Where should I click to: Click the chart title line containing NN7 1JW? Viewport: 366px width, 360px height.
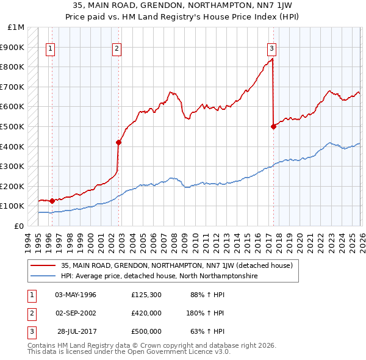pyautogui.click(x=182, y=5)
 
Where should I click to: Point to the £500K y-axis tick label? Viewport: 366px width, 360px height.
pyautogui.click(x=13, y=127)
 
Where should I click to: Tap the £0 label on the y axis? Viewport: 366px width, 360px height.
pyautogui.click(x=20, y=226)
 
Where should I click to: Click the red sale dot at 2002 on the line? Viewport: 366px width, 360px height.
pyautogui.click(x=119, y=143)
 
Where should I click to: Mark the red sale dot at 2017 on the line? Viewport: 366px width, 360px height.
pyautogui.click(x=273, y=126)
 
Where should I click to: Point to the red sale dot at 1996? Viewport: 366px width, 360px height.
pyautogui.click(x=52, y=201)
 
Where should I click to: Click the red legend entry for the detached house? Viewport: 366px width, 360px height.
pyautogui.click(x=177, y=265)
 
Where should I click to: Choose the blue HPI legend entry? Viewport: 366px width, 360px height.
pyautogui.click(x=159, y=276)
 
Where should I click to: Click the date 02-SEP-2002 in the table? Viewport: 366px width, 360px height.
pyautogui.click(x=76, y=313)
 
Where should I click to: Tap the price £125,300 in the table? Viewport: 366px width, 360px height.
pyautogui.click(x=146, y=295)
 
